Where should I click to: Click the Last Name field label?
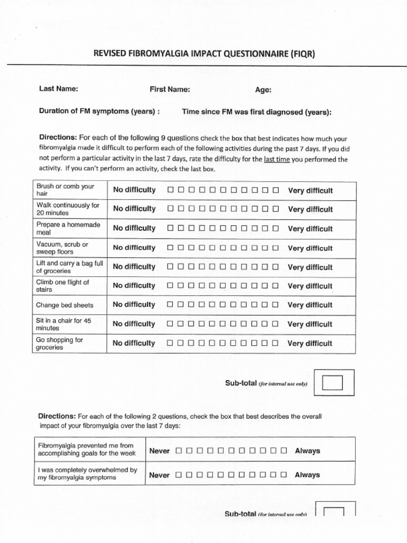[x=59, y=89]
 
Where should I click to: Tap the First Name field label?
[x=170, y=90]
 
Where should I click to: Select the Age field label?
[x=263, y=90]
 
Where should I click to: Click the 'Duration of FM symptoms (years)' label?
[x=100, y=112]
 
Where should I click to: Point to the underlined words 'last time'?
[x=277, y=159]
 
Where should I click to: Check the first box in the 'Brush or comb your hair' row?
[x=171, y=190]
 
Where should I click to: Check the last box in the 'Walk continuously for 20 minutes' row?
[x=276, y=209]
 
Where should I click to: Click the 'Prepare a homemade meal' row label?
[x=68, y=229]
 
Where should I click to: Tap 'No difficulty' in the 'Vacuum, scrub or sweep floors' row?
[x=134, y=248]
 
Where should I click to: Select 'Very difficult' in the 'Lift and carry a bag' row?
[x=310, y=267]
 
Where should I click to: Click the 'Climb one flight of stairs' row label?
[x=63, y=286]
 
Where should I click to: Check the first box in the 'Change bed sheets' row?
[x=171, y=305]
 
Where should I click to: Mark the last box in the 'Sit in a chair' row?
[x=276, y=324]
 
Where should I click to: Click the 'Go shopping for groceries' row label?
[x=59, y=344]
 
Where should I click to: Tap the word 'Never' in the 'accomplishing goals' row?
[x=160, y=451]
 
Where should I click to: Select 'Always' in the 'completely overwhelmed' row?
[x=307, y=475]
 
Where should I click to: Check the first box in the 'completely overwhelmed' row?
[x=179, y=475]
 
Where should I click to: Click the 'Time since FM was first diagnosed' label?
[x=257, y=112]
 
